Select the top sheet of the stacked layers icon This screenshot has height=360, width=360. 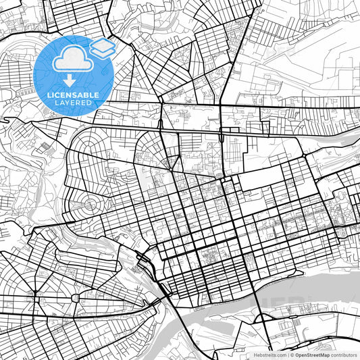(103, 45)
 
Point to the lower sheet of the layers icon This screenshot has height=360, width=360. (103, 52)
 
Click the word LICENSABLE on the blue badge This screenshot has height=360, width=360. (72, 96)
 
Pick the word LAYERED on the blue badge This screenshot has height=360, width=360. (72, 103)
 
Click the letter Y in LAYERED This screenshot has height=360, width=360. (66, 103)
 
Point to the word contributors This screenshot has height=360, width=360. (344, 355)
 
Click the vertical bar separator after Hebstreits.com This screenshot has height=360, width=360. (287, 355)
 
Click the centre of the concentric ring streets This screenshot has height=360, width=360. (90, 202)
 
